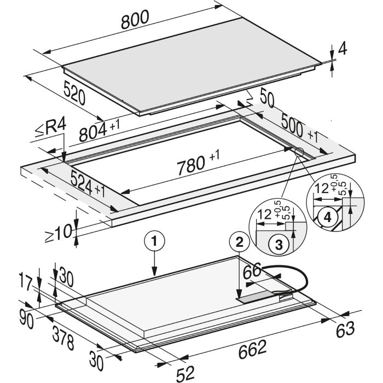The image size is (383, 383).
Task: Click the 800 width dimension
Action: tap(135, 19)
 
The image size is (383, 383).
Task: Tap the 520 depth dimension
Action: tap(74, 93)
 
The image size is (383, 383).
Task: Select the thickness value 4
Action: tap(342, 50)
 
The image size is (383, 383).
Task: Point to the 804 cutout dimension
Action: tap(93, 132)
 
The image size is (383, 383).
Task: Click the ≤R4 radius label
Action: tap(50, 129)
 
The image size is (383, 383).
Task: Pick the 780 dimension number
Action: tap(191, 165)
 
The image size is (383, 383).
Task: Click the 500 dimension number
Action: tap(292, 125)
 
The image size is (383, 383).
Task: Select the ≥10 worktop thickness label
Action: tap(59, 234)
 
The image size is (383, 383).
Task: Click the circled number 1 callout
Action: tap(154, 241)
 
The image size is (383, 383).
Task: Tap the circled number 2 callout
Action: tap(240, 242)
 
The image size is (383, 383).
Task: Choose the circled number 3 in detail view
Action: tap(278, 245)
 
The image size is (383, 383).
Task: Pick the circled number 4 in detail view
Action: tap(328, 217)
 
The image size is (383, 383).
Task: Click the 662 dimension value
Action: tap(252, 350)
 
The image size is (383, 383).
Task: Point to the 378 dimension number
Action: tap(63, 338)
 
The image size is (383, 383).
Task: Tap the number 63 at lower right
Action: tap(345, 330)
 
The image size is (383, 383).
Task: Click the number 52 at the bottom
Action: tap(185, 374)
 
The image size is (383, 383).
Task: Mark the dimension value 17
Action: tap(25, 282)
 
